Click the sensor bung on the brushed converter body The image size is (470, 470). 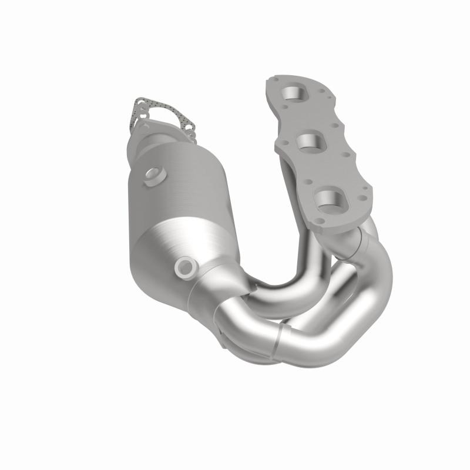tap(155, 174)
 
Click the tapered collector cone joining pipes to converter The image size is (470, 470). tap(220, 288)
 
